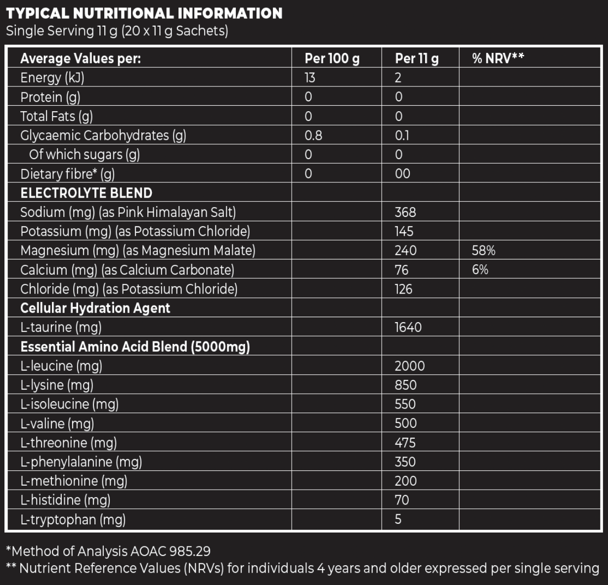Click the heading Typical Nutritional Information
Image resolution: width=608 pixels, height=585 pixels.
coord(144,13)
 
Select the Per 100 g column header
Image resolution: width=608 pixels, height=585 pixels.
coord(332,58)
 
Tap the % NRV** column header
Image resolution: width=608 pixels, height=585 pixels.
coord(498,58)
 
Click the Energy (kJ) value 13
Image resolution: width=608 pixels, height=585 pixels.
coord(310,78)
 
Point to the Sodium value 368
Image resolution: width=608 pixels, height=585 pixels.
coord(405,212)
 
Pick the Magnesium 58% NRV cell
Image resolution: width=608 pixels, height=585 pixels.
coord(483,251)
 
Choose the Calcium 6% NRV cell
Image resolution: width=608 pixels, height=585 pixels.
coord(480,270)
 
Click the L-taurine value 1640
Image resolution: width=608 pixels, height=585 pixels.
coord(408,327)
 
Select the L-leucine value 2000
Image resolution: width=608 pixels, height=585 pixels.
coord(409,366)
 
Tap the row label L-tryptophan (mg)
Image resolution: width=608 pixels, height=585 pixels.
coord(73,519)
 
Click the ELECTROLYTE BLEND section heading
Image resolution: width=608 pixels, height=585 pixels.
coord(86,193)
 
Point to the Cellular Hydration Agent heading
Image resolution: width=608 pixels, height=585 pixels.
coord(95,308)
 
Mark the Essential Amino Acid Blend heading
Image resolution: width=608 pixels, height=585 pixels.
coord(135,346)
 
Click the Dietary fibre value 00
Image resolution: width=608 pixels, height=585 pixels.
coord(402,173)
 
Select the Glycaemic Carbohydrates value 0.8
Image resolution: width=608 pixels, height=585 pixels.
coord(313,135)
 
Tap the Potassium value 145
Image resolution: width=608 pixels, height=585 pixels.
coord(404,231)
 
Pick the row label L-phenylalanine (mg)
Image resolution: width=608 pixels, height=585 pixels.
coord(81,461)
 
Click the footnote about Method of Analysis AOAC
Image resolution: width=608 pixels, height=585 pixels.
coord(108,551)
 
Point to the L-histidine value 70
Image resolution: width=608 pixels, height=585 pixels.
coord(401,500)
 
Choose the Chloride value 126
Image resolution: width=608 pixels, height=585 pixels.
coord(403,289)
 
